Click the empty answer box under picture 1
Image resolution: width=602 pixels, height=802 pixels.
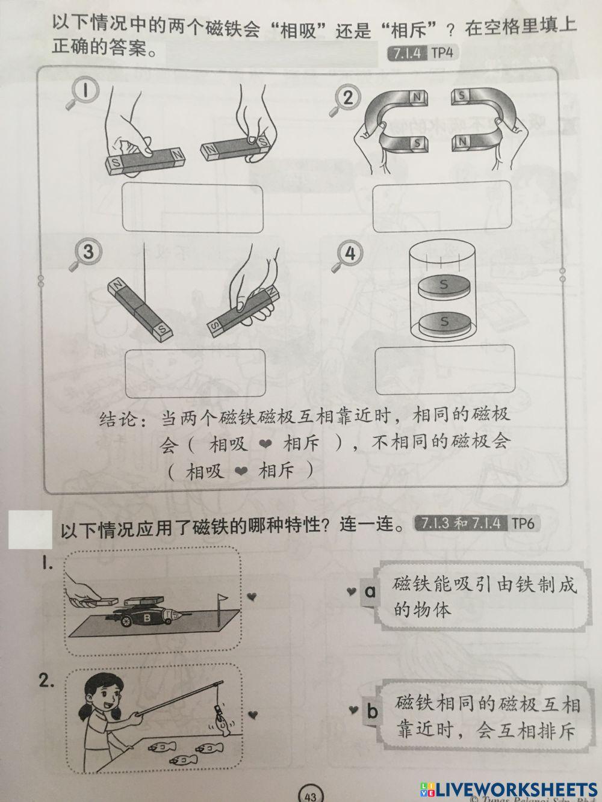tap(193, 208)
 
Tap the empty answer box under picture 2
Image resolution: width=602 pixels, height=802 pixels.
tap(442, 206)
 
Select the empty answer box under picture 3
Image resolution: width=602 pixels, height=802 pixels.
tap(194, 374)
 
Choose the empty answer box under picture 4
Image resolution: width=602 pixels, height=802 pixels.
tap(445, 369)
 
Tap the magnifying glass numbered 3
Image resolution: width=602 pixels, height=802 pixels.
tap(84, 253)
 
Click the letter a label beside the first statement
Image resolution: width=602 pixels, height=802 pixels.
tap(370, 592)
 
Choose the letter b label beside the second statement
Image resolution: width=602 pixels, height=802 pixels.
tap(372, 712)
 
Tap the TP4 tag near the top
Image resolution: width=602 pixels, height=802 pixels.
tap(441, 53)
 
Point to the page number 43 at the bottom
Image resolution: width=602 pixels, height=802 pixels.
tap(310, 795)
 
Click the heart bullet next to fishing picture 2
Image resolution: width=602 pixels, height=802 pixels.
tap(253, 714)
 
